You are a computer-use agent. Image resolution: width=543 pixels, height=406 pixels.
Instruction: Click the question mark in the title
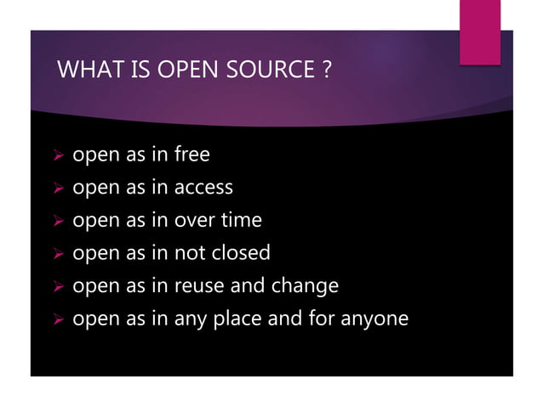(x=327, y=70)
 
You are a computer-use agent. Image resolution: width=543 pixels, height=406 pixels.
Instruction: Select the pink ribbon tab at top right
(x=479, y=31)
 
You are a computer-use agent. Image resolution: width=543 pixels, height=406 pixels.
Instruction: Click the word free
(x=192, y=155)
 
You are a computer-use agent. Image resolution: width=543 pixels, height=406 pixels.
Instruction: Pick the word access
(x=204, y=188)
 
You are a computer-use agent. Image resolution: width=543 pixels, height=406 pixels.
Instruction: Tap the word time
(x=242, y=220)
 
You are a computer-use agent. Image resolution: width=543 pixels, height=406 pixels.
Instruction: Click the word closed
(x=241, y=252)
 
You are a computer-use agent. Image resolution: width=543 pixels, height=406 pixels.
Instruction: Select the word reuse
(x=200, y=285)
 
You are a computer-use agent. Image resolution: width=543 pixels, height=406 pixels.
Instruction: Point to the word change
(x=305, y=286)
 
